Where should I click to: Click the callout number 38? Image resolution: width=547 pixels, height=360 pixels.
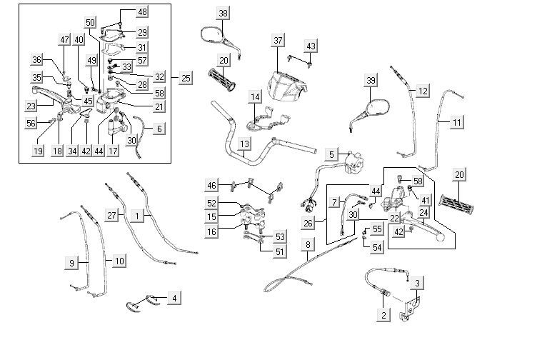point(224,14)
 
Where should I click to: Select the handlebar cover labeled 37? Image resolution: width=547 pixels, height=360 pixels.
point(286,86)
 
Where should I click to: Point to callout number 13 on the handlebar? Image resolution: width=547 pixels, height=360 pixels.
point(244,144)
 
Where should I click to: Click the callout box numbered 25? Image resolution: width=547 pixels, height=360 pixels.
point(186,77)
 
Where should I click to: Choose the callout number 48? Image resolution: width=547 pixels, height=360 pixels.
point(142,12)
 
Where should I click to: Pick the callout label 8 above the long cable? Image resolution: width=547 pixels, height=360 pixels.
point(308,245)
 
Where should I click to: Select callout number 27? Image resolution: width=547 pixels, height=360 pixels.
point(111,215)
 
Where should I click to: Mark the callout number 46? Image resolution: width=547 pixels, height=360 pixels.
point(211,186)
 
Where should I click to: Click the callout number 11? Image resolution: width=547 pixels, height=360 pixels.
point(456,122)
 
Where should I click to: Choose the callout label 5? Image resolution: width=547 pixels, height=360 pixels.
point(331,154)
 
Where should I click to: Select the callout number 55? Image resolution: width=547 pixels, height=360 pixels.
point(378,230)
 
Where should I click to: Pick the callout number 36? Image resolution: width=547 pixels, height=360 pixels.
point(37,60)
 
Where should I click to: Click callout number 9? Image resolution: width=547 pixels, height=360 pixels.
point(71,263)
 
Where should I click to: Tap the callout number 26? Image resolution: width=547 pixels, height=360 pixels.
point(308,223)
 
